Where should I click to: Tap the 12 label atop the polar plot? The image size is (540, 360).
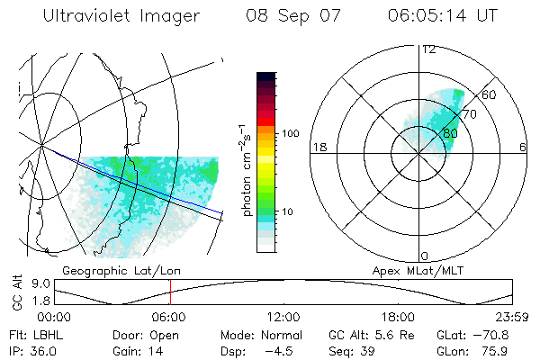pyautogui.click(x=428, y=49)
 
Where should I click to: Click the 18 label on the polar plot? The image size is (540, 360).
pyautogui.click(x=318, y=147)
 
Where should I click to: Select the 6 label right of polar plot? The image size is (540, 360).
pyautogui.click(x=523, y=147)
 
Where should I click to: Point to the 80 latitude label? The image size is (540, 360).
pyautogui.click(x=451, y=133)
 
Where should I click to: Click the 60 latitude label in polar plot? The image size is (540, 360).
pyautogui.click(x=490, y=94)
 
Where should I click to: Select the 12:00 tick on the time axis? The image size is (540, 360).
pyautogui.click(x=283, y=316)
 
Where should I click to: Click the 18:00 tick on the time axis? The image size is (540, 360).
pyautogui.click(x=398, y=316)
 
